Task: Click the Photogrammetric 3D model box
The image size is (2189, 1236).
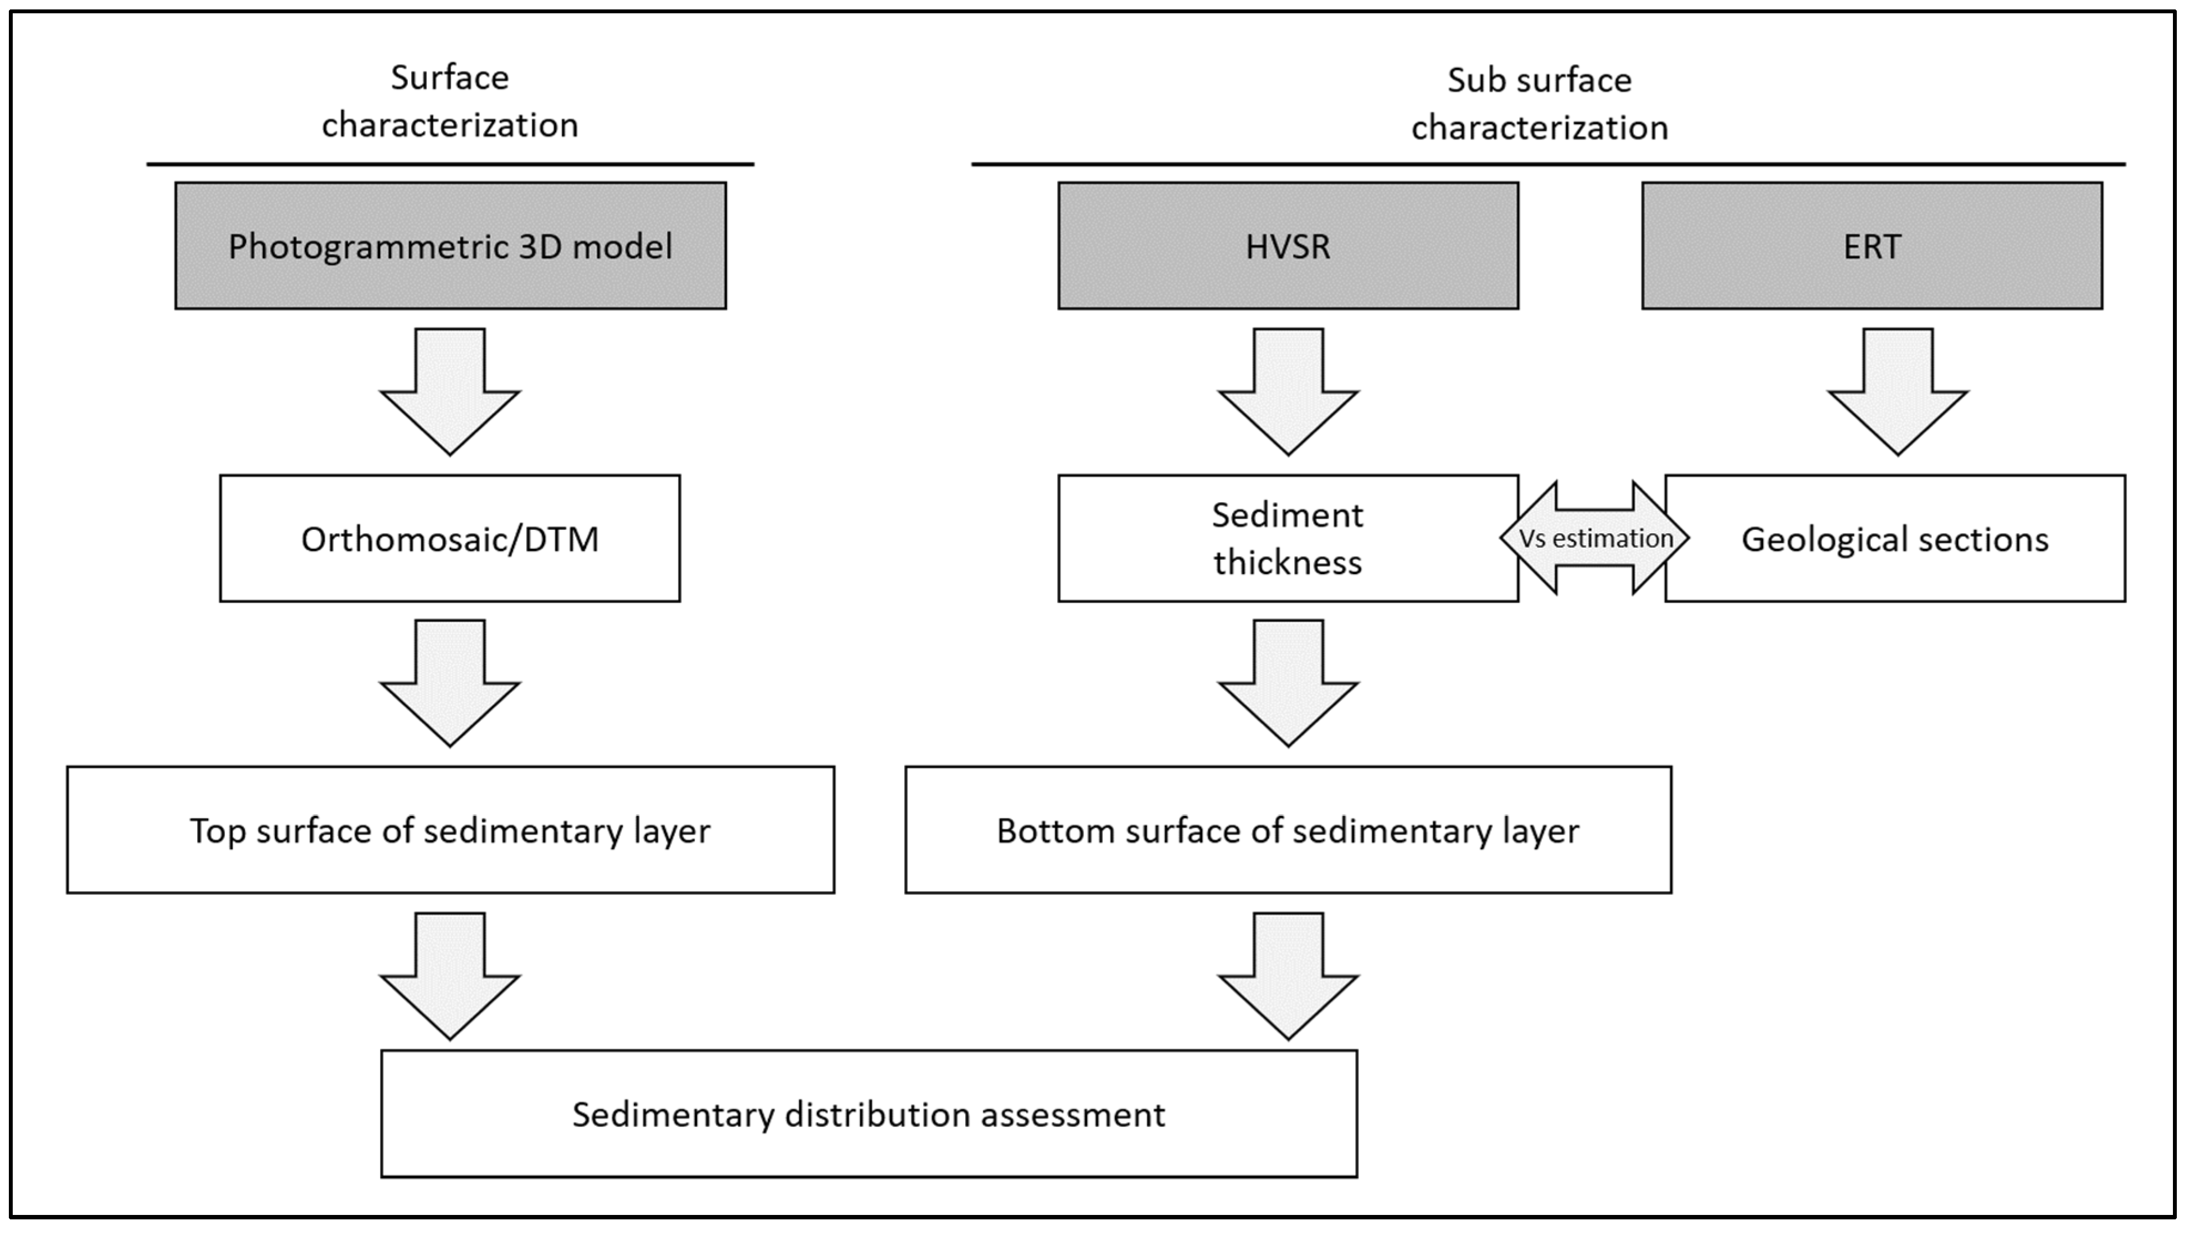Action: tap(450, 246)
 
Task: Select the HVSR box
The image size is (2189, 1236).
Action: tap(1288, 246)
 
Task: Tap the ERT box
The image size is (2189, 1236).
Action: tap(1871, 246)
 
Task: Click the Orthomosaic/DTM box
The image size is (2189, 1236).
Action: tap(449, 538)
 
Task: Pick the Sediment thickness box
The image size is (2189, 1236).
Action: tap(1288, 538)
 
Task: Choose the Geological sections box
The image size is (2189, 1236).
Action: tap(1895, 538)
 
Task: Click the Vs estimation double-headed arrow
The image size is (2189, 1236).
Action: tap(1594, 538)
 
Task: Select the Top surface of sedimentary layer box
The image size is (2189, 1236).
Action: tap(450, 830)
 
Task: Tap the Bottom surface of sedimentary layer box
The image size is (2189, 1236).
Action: tap(1288, 830)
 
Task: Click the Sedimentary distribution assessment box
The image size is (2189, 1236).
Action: tap(869, 1114)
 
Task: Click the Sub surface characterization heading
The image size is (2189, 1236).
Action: tap(1539, 104)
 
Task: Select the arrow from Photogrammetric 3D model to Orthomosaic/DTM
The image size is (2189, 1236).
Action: tap(449, 391)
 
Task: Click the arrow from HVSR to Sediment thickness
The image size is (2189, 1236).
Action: tap(1288, 391)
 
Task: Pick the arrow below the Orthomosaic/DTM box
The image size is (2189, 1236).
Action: tap(449, 683)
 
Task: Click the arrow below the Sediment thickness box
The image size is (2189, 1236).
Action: tap(1288, 683)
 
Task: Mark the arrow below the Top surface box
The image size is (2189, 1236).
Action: tap(449, 975)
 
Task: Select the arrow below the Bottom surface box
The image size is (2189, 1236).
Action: tap(1288, 975)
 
